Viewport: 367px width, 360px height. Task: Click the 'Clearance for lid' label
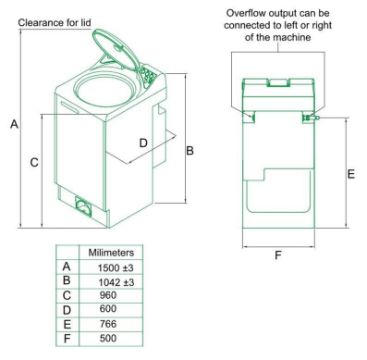tap(54, 23)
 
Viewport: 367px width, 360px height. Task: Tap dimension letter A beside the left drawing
tap(14, 124)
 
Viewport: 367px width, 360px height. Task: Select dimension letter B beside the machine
tap(190, 151)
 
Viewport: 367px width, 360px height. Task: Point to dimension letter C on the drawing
tap(34, 162)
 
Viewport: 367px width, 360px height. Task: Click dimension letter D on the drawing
tap(143, 143)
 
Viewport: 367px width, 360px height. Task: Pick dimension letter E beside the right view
tap(351, 174)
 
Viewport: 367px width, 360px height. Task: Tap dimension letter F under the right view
tap(278, 256)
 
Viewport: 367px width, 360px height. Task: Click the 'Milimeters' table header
tap(111, 252)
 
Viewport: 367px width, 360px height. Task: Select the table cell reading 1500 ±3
tap(116, 268)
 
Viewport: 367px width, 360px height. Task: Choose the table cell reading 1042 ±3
tap(116, 282)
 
